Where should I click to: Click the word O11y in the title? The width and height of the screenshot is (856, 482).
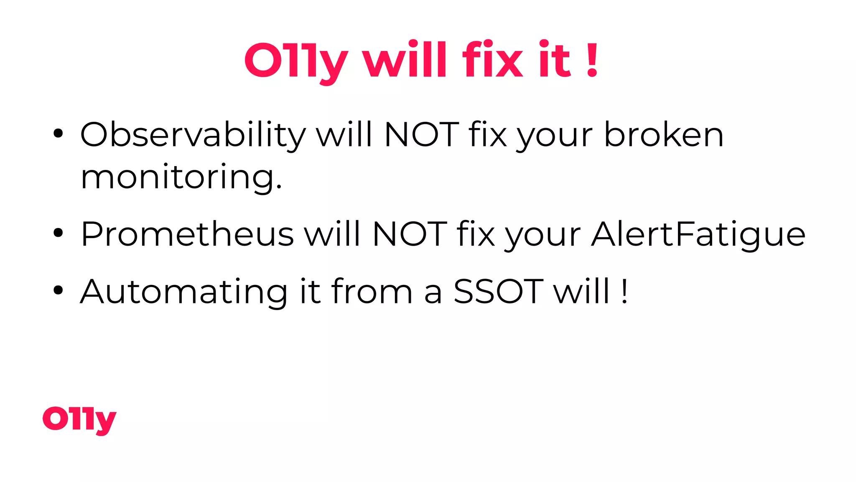(296, 61)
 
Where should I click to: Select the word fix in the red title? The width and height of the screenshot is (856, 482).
(492, 59)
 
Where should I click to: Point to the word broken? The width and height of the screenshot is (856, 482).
(664, 135)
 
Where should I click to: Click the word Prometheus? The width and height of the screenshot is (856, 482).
(187, 234)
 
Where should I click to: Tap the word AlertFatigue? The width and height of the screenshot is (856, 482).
(698, 234)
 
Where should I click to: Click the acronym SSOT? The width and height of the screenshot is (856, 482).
(499, 291)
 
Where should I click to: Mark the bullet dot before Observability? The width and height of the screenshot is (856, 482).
(58, 134)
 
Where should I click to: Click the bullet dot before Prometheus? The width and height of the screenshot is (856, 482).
(58, 233)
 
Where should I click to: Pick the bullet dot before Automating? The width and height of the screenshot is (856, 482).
(58, 290)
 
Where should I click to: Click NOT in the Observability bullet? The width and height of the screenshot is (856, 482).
(421, 135)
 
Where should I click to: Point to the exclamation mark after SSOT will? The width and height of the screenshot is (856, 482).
(624, 291)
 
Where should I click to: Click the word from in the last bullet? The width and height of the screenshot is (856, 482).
(372, 291)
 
